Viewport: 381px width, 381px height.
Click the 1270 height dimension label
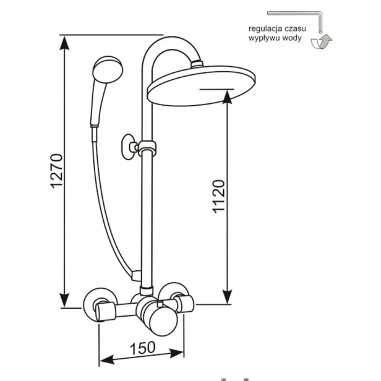click(56, 171)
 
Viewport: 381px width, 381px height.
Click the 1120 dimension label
click(219, 197)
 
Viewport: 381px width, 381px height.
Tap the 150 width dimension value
click(142, 348)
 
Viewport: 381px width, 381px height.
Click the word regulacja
click(265, 29)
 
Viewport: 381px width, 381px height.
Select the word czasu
click(295, 28)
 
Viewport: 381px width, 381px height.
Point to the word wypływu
click(265, 38)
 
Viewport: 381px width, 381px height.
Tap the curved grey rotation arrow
click(322, 42)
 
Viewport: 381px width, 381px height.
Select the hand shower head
click(108, 69)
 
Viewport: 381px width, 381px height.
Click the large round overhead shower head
click(201, 85)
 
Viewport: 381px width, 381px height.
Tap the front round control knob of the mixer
click(163, 323)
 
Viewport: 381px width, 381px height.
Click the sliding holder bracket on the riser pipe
click(147, 148)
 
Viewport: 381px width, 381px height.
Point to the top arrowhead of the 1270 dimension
click(64, 43)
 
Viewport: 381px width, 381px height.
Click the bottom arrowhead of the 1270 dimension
click(64, 300)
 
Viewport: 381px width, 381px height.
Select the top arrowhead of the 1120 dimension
click(228, 96)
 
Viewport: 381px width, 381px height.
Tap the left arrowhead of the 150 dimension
click(107, 359)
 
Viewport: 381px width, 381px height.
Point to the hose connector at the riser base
click(136, 276)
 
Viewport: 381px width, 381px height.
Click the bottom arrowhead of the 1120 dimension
click(228, 297)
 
